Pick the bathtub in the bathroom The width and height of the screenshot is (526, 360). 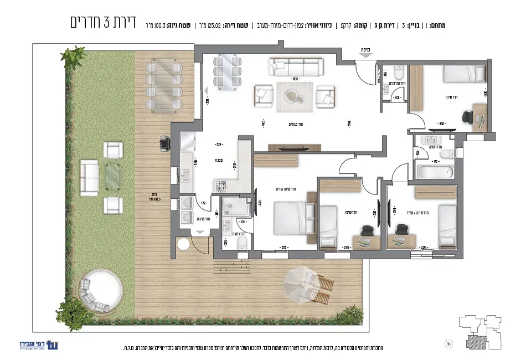[435, 171]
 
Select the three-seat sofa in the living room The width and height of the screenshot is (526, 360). [296, 68]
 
